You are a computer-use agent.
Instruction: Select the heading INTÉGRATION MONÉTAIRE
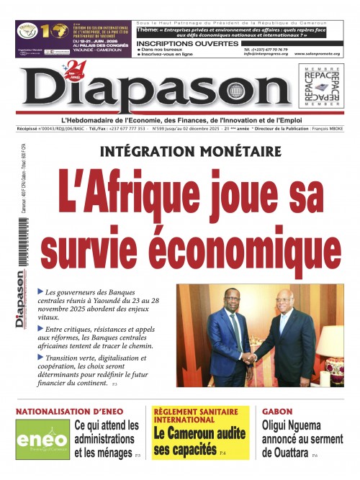191,152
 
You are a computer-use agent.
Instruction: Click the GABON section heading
277,412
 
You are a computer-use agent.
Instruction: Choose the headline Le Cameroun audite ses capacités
192,440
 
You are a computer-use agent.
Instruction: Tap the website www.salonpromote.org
316,53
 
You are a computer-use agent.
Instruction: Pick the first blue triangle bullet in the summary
40,291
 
